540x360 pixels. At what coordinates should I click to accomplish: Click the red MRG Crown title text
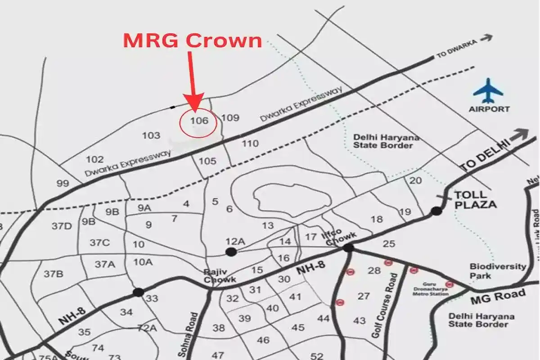click(x=192, y=40)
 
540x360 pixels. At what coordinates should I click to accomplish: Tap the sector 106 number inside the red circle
click(x=199, y=121)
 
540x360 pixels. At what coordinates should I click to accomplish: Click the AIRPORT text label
click(x=489, y=109)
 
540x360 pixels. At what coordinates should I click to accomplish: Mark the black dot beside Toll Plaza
click(x=436, y=211)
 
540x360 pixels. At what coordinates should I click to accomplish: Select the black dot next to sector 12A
click(x=231, y=252)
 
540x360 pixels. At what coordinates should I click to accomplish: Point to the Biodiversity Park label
click(x=497, y=271)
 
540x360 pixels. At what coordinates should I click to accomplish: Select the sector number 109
click(x=230, y=118)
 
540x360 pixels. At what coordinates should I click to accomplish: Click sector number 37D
click(x=62, y=226)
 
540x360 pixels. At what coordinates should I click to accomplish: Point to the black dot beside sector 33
click(x=138, y=292)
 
